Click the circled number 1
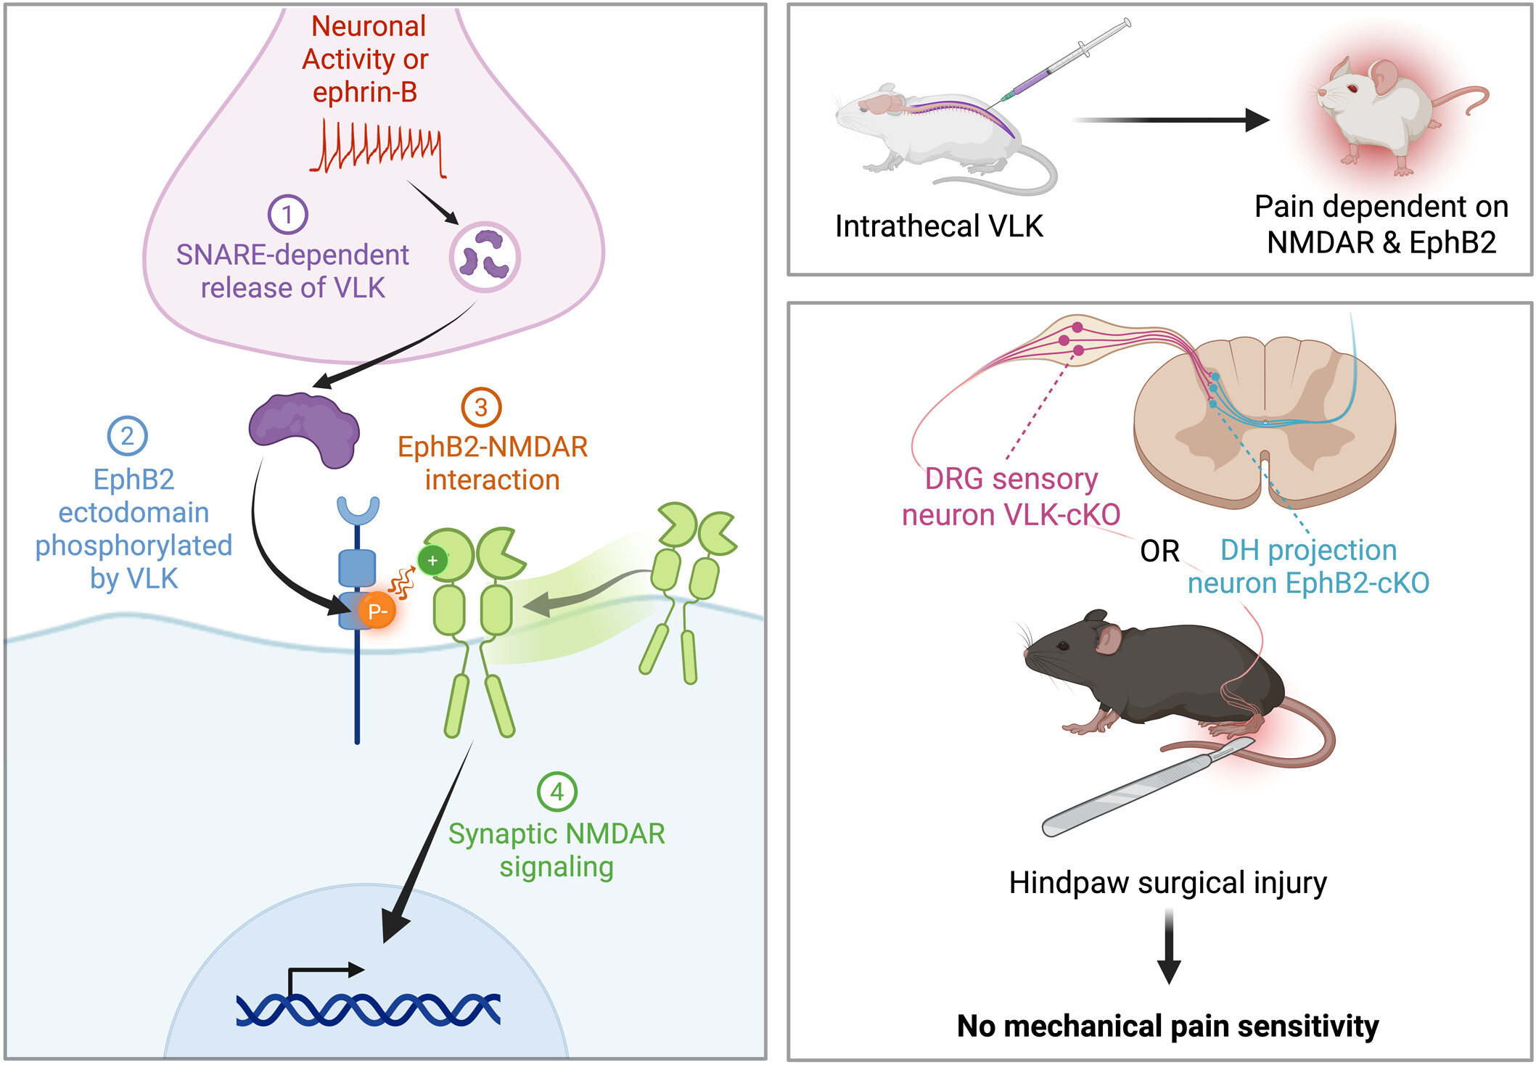coord(287,214)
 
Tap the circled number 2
coord(127,436)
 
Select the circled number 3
coord(481,408)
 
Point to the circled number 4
coord(557,791)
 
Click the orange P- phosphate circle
coord(377,612)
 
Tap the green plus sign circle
coord(432,560)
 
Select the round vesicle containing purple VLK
coord(484,257)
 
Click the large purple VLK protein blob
coord(305,429)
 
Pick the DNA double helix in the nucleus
coord(368,1009)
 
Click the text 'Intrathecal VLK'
coord(939,226)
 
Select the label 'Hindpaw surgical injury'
coord(1167,883)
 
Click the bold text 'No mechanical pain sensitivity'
coord(1167,1026)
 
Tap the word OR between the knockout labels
coord(1159,551)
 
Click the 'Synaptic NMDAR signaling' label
coord(557,850)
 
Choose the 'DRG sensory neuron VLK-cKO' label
coord(1011,497)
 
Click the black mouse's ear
coord(1107,639)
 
